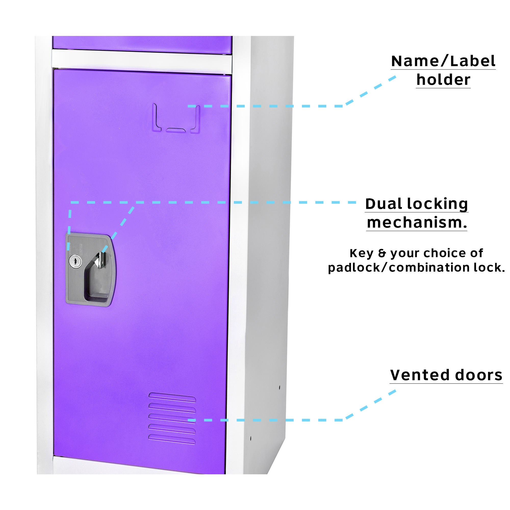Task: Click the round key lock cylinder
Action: (75, 261)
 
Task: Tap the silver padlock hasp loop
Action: (100, 260)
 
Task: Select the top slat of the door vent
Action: (172, 397)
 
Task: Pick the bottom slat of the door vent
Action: (172, 439)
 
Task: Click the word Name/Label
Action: (443, 61)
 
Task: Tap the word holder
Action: (443, 80)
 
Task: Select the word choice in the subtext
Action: (441, 253)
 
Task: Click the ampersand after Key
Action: (382, 253)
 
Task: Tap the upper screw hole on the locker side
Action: (279, 387)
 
